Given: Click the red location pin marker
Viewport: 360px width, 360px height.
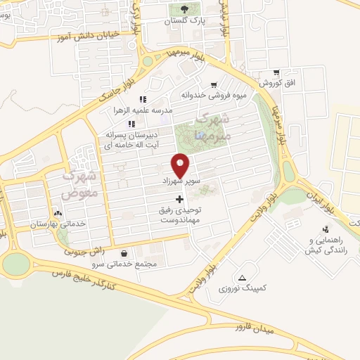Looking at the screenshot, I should coord(181,165).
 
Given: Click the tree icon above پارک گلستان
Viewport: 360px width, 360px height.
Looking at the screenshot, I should coord(185,9).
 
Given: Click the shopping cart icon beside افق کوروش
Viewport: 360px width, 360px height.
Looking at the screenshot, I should coord(276,72).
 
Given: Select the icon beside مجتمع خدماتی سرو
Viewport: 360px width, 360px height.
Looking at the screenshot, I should coord(124,254).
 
